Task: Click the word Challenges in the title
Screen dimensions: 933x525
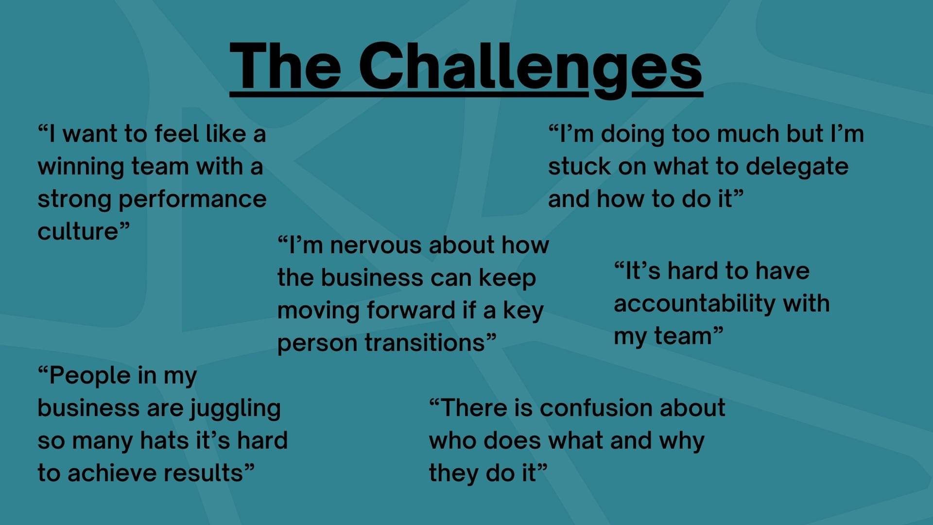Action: coord(531,67)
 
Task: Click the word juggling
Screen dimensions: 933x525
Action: coord(235,409)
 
